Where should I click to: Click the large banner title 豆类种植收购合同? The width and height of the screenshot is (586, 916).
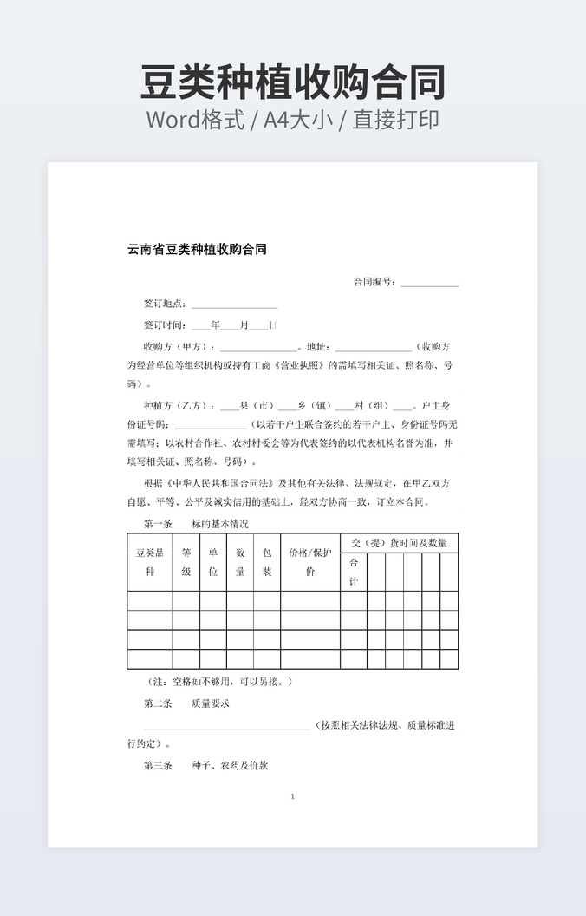pos(293,82)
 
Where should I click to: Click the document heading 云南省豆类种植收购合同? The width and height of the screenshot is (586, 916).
pos(197,250)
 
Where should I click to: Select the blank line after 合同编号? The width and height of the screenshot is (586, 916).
pos(429,284)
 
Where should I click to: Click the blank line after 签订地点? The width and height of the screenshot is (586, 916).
pos(234,305)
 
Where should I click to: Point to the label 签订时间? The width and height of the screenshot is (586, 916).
pos(165,325)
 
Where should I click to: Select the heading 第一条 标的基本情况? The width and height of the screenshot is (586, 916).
pos(196,524)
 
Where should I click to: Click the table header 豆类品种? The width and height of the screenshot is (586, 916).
pos(149,561)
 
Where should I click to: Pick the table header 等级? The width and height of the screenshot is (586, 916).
pos(186,561)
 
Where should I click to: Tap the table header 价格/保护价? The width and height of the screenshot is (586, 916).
pos(309,561)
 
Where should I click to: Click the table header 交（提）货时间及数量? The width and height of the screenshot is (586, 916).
pos(399,543)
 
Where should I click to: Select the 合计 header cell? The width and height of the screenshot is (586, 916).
pos(353,571)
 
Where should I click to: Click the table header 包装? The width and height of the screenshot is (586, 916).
pos(267,561)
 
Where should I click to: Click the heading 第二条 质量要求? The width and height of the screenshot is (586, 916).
pos(186,703)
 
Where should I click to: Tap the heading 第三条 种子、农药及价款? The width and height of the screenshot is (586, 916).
pos(205,766)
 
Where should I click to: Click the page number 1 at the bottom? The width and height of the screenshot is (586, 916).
pos(293,796)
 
